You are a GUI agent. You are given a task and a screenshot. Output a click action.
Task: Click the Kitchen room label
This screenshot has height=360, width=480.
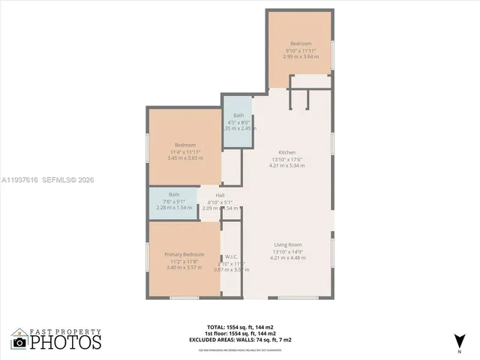[x=287, y=151]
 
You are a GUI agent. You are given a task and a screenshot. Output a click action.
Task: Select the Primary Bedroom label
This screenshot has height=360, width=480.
[x=184, y=254]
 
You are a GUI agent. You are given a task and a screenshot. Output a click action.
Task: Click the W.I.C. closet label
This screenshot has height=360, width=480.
[x=232, y=256]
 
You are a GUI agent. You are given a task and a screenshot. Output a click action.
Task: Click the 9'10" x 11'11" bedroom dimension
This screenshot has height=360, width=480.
[x=299, y=50]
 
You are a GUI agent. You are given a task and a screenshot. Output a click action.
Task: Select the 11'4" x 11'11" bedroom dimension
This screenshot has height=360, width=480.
[x=184, y=152]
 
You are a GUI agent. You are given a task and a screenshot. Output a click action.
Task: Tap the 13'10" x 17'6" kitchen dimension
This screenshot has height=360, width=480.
[x=287, y=159]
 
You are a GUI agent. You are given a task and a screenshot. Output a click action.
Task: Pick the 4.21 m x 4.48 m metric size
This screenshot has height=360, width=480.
[x=287, y=258]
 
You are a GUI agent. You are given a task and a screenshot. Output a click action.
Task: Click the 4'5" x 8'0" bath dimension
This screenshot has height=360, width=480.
[x=238, y=122]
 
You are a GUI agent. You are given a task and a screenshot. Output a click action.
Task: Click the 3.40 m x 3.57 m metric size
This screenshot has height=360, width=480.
[x=184, y=268]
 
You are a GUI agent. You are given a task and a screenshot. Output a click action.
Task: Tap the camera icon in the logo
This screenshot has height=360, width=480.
[x=19, y=342]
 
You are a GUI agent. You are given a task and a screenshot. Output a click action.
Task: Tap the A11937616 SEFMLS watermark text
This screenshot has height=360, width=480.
[x=49, y=180]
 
